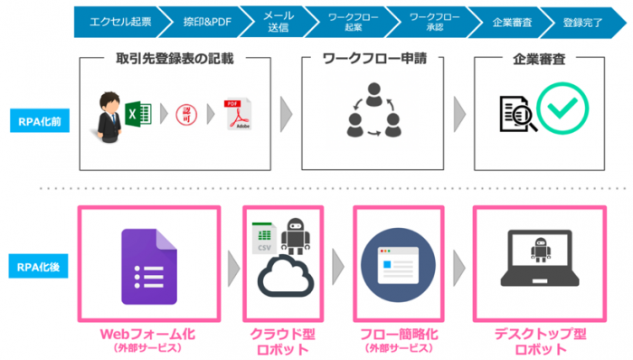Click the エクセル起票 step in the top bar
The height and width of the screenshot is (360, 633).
point(112,19)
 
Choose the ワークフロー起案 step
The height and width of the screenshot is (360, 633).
point(348,19)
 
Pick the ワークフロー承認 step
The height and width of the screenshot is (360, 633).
point(427,19)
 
